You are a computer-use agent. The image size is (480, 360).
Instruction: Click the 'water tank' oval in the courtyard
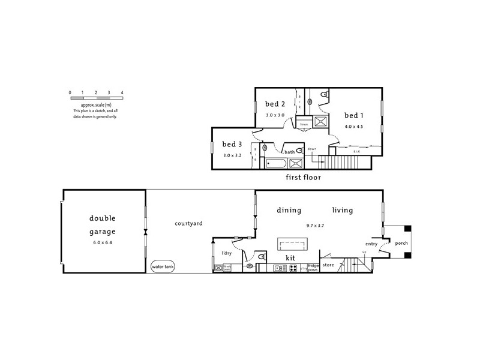point(163,266)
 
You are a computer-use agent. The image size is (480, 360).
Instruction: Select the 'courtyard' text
point(188,224)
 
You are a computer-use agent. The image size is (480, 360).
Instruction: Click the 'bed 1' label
point(353,115)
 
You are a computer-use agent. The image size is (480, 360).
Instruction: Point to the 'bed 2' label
point(275,104)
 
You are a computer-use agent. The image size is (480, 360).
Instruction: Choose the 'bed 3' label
point(232,144)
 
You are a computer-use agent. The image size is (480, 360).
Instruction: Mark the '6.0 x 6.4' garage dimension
point(103,242)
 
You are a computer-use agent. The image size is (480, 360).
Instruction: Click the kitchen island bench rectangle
point(292,244)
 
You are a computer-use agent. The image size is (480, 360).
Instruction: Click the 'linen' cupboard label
point(304,124)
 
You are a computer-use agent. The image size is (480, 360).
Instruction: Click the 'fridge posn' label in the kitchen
point(313,267)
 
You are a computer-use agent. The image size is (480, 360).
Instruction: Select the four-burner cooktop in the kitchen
point(294,268)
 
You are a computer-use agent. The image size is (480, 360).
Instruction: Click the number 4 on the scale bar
point(122,92)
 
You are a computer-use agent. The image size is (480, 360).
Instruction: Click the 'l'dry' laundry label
point(227,253)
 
